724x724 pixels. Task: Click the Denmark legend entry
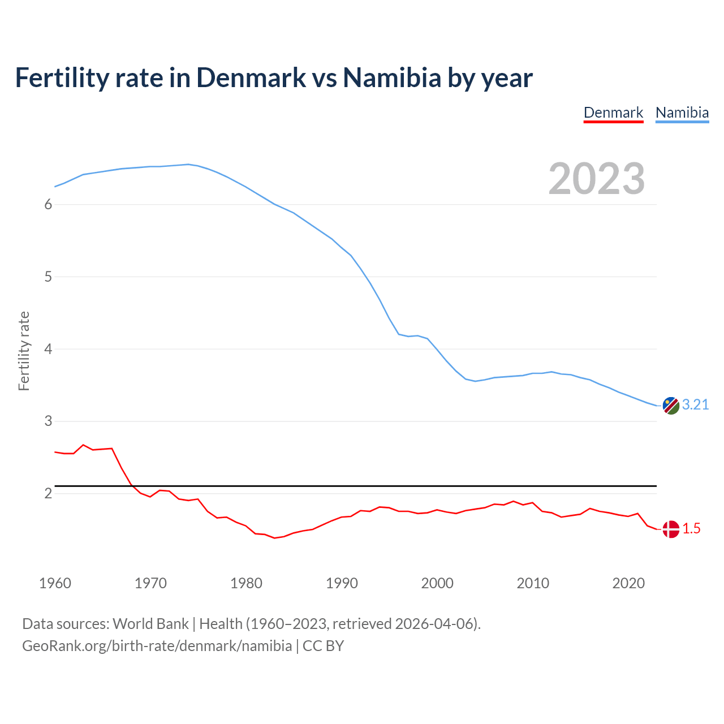pos(613,113)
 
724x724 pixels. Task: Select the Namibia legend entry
pos(682,113)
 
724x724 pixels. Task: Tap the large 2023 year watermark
pos(596,179)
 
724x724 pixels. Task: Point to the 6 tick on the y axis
pos(48,204)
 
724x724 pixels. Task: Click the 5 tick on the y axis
pos(48,277)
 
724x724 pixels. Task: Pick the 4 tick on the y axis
pos(48,349)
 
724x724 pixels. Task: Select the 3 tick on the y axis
pos(48,421)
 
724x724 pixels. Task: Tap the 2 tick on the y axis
pos(48,493)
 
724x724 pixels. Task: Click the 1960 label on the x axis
pos(55,583)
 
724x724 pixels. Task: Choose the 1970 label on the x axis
pos(150,583)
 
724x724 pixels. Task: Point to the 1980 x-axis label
pos(246,583)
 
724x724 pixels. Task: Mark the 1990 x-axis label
pos(342,583)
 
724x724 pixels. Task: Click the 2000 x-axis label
pos(437,583)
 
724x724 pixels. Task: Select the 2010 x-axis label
pos(533,583)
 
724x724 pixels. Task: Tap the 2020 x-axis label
pos(628,583)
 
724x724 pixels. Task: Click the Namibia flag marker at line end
pos(671,406)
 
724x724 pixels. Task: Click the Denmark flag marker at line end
pos(671,529)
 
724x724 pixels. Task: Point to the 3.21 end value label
pos(695,405)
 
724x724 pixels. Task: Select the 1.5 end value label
pos(691,529)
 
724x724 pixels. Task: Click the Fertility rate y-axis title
pos(24,351)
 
